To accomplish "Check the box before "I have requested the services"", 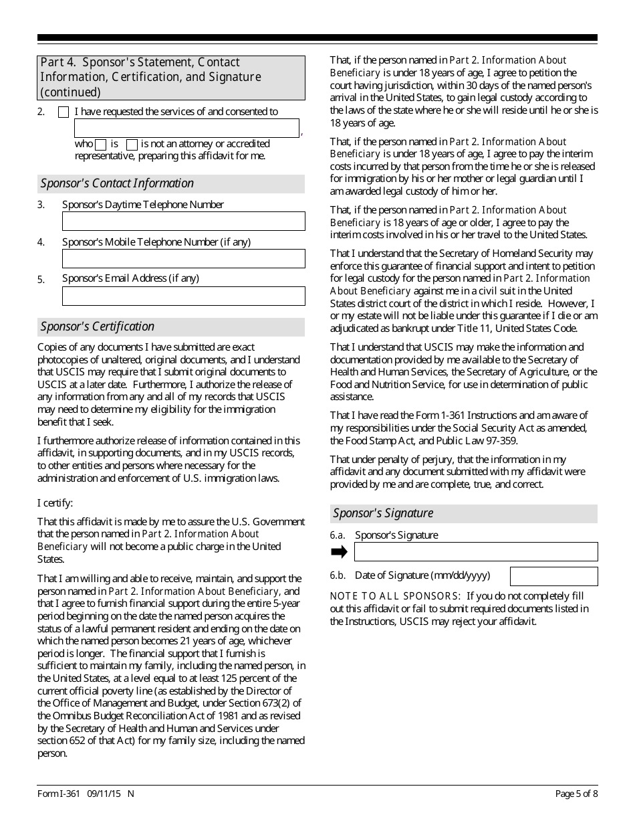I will click(63, 112).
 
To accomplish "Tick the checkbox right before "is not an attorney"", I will click(132, 145).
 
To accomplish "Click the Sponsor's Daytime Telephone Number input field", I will click(183, 221).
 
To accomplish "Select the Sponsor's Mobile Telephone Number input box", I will click(183, 259).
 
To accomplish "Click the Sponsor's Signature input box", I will click(475, 552).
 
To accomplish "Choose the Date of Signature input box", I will click(553, 576).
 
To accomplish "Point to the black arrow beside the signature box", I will click(340, 552).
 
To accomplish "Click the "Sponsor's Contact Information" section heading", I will click(117, 183).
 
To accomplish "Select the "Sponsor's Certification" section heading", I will click(98, 327).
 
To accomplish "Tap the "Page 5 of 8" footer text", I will click(576, 794).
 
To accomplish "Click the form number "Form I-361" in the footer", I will click(59, 794).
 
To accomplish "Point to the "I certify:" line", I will click(55, 503).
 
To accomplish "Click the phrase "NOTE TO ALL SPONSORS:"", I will click(395, 596).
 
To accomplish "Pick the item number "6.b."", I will click(338, 575).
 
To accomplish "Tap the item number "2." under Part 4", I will click(41, 112).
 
